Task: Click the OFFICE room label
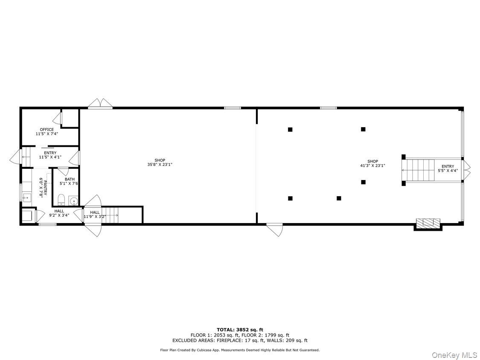[x=47, y=130]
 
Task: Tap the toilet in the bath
[x=61, y=200]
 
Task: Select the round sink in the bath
[x=73, y=200]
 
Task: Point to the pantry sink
[x=27, y=197]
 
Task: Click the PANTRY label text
[x=42, y=187]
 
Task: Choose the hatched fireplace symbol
[x=428, y=223]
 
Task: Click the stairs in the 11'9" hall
[x=112, y=215]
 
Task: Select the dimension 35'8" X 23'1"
[x=160, y=164]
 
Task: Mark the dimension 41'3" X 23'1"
[x=372, y=165]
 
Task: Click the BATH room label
[x=70, y=179]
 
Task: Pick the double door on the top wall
[x=100, y=104]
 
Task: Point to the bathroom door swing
[x=63, y=171]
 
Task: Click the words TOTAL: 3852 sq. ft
[x=240, y=329]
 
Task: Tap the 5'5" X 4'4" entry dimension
[x=448, y=171]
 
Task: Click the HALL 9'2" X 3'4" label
[x=59, y=213]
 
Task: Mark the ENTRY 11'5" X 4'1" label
[x=50, y=155]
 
